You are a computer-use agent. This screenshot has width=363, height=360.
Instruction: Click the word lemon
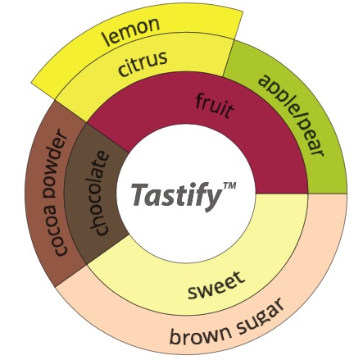pos(131,31)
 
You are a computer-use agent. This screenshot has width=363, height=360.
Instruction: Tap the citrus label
pos(143,64)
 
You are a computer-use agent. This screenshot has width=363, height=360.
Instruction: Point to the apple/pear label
pos(291,116)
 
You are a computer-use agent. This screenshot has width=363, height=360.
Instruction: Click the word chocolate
pos(99,193)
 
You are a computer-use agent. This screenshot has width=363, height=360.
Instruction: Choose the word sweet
pos(216,285)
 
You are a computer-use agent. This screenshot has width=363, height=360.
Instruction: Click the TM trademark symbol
pos(229,186)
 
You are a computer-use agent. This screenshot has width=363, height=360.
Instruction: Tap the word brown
pos(199,333)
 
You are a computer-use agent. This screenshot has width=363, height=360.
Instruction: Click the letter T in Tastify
pos(140,194)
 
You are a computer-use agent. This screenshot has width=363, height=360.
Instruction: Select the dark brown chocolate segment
pos(96,194)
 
